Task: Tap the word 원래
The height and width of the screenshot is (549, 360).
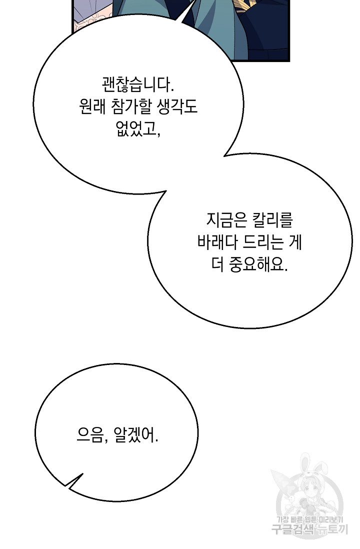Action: coord(92,107)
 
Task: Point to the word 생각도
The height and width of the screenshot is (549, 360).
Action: coord(177,107)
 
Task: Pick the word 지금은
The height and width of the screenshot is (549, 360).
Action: coord(226,220)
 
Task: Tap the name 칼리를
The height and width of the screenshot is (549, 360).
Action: coord(272,220)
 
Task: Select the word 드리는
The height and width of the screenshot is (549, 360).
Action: coord(263,242)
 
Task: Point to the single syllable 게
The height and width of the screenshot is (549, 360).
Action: coord(295,242)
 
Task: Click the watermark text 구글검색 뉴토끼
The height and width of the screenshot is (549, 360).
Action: coord(310,528)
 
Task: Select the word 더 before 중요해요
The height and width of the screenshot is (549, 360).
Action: coord(217,264)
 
